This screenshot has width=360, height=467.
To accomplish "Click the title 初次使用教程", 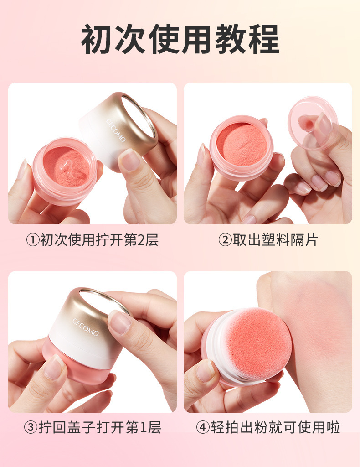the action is (180, 39).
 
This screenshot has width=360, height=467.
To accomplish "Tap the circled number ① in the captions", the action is (33, 240).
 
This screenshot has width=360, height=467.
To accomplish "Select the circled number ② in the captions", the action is (225, 240).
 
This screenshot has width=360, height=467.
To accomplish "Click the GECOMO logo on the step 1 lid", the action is (116, 130).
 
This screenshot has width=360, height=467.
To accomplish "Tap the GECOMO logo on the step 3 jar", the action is (85, 327).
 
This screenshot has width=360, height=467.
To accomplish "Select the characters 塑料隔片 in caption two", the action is (289, 240).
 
